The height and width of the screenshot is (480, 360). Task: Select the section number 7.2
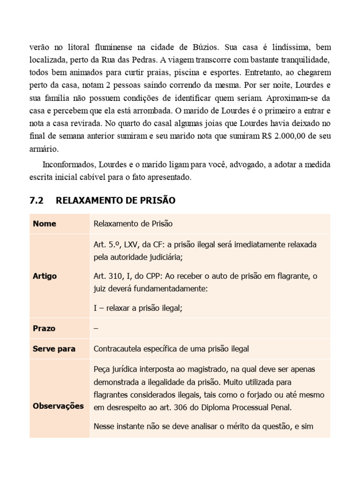click(36, 201)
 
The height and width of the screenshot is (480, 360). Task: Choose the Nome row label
click(45, 224)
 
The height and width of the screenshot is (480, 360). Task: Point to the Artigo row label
click(45, 276)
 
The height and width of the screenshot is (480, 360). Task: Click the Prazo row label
click(44, 328)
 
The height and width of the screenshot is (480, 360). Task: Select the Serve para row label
click(54, 349)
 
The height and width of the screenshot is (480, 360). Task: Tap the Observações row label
click(59, 405)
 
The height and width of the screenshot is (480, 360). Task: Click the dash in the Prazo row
click(96, 328)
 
